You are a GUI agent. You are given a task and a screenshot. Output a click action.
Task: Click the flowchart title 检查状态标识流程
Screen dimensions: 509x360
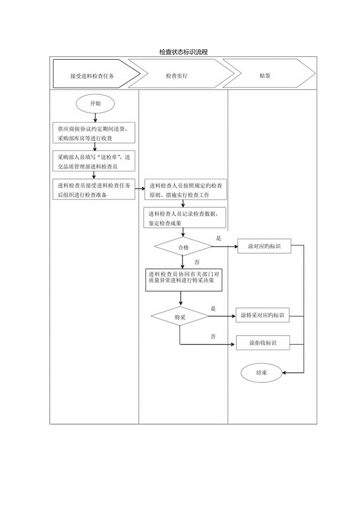[183, 52]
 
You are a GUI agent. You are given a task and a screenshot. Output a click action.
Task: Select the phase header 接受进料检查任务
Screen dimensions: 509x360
[92, 76]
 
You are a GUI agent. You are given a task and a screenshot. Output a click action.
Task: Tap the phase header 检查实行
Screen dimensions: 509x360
[176, 76]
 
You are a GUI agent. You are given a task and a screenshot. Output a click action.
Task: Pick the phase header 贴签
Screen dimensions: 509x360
[265, 76]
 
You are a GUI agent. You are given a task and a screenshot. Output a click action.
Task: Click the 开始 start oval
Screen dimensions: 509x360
[95, 104]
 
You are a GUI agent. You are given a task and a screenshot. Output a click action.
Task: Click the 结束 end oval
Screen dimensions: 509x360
[261, 372]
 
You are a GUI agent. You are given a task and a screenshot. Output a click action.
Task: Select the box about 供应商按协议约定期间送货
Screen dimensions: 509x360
[94, 133]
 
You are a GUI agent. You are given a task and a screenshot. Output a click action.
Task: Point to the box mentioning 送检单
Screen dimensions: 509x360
[94, 161]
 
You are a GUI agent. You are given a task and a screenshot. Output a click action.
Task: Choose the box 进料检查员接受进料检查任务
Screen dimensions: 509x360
[94, 190]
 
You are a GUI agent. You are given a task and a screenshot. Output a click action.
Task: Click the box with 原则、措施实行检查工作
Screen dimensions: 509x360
[185, 190]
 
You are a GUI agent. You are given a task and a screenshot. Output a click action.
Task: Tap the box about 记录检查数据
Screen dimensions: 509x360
[185, 218]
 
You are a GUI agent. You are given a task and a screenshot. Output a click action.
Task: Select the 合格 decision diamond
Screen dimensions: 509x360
[183, 247]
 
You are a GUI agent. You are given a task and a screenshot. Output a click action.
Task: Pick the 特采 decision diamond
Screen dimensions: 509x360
[180, 317]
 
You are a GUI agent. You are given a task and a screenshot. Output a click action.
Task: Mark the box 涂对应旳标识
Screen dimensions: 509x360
[264, 247]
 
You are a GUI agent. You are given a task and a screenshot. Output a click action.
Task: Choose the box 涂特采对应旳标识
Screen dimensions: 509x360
[263, 316]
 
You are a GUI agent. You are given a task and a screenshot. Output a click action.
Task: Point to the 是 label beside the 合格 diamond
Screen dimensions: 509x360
[219, 237]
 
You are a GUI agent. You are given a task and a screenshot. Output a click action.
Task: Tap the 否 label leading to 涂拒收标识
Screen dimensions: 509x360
[213, 336]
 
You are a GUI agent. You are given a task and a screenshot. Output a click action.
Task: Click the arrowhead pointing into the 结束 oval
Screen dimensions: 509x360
[284, 372]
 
